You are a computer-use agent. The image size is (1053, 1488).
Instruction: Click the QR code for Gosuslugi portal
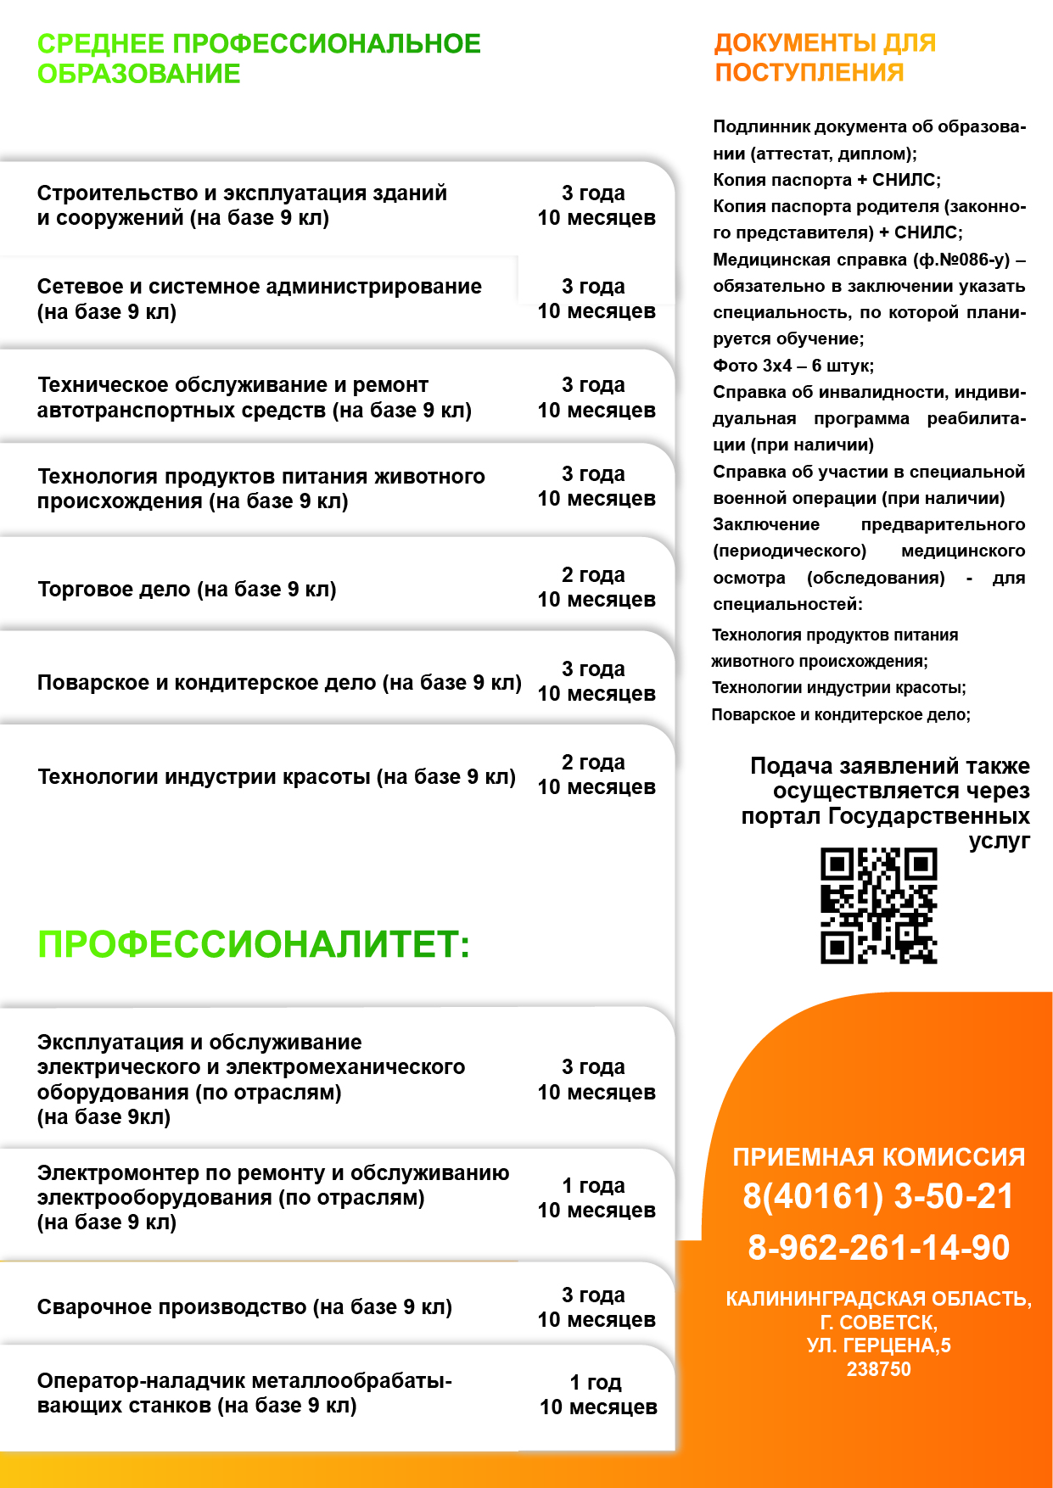point(878,905)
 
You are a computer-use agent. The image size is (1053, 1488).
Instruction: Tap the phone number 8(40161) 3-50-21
point(878,1196)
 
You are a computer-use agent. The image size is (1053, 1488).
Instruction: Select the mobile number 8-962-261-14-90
point(878,1248)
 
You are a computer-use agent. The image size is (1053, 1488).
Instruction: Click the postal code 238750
point(878,1369)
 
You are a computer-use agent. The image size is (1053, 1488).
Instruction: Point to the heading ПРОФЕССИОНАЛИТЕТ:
point(254,945)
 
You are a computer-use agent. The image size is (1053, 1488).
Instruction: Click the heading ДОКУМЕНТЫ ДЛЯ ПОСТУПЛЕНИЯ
point(825,58)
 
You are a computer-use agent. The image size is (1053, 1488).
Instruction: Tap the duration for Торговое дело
point(596,587)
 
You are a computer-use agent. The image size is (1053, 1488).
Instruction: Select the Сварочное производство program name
point(244,1307)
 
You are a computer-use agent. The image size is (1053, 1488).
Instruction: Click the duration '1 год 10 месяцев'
point(597,1395)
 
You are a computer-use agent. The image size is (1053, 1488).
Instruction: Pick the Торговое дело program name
point(187,590)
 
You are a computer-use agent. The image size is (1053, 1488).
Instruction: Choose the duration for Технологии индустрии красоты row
point(596,775)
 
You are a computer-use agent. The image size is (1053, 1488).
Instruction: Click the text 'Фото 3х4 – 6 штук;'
point(793,366)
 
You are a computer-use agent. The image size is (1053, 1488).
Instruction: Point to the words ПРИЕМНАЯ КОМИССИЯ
point(878,1157)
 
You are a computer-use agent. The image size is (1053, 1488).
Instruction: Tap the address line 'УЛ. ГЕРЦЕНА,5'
point(878,1345)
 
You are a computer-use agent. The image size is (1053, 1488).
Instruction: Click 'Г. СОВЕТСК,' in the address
point(878,1323)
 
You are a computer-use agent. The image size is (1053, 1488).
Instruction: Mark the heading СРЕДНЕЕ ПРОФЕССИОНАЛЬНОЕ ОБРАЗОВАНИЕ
point(259,59)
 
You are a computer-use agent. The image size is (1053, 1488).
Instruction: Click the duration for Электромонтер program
point(596,1198)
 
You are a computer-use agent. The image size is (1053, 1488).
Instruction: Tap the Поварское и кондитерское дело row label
point(279,683)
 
